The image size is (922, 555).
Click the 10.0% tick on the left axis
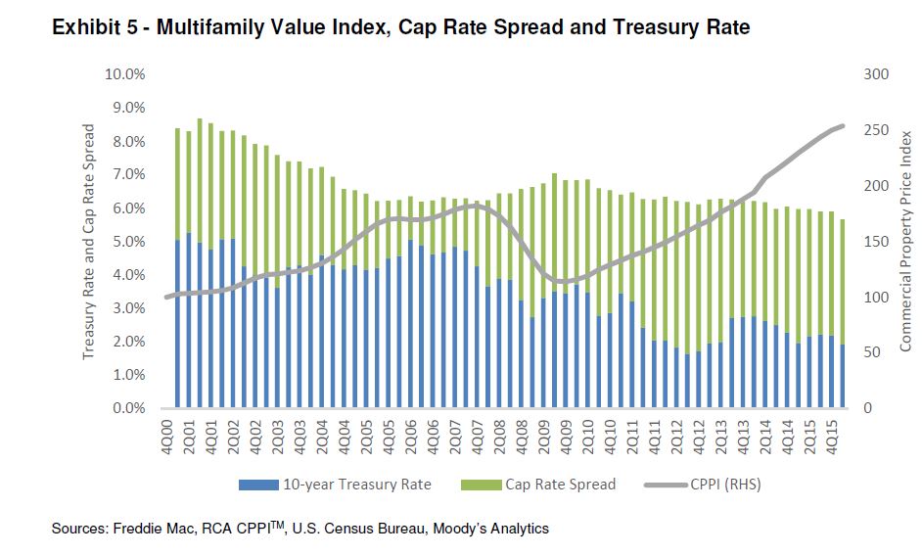pos(125,73)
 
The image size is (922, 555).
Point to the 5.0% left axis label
pos(128,241)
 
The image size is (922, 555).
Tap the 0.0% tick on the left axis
pos(128,408)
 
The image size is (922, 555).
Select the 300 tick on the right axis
pos(872,73)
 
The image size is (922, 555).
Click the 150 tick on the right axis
pos(872,241)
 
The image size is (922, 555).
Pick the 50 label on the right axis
pos(869,352)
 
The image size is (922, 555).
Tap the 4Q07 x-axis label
pos(478,434)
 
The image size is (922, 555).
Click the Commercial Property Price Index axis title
pos(905,241)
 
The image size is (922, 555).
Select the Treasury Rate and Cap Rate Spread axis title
pos(88,241)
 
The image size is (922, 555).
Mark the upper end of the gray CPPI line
pos(843,125)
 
